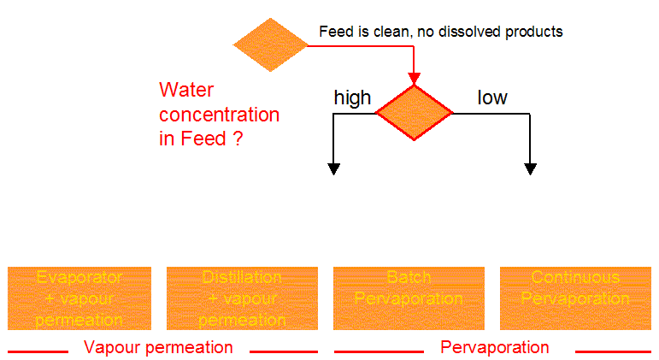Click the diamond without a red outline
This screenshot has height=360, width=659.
pyautogui.click(x=271, y=44)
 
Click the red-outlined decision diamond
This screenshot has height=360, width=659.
pyautogui.click(x=415, y=113)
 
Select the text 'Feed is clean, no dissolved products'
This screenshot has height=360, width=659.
pyautogui.click(x=440, y=32)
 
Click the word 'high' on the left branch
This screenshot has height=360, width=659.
pyautogui.click(x=351, y=97)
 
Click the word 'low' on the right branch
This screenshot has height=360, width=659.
pyautogui.click(x=491, y=97)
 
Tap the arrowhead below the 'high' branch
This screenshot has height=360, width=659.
pyautogui.click(x=334, y=168)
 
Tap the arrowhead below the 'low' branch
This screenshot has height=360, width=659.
pyautogui.click(x=531, y=168)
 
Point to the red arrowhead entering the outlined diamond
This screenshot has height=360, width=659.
pyautogui.click(x=415, y=80)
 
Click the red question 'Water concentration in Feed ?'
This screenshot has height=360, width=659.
pyautogui.click(x=219, y=115)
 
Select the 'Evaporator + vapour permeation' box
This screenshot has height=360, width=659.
pyautogui.click(x=79, y=298)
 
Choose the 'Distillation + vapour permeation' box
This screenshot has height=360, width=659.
pyautogui.click(x=242, y=298)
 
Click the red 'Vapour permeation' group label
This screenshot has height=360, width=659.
pyautogui.click(x=158, y=347)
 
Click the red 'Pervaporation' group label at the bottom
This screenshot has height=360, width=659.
pyautogui.click(x=495, y=347)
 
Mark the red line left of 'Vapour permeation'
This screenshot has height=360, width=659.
pyautogui.click(x=38, y=351)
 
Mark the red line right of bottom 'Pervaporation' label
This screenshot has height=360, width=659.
pyautogui.click(x=612, y=351)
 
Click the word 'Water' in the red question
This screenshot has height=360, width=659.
pyautogui.click(x=186, y=91)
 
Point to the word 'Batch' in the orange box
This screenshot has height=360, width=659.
pyautogui.click(x=409, y=278)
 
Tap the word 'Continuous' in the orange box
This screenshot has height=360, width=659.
pyautogui.click(x=575, y=278)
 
